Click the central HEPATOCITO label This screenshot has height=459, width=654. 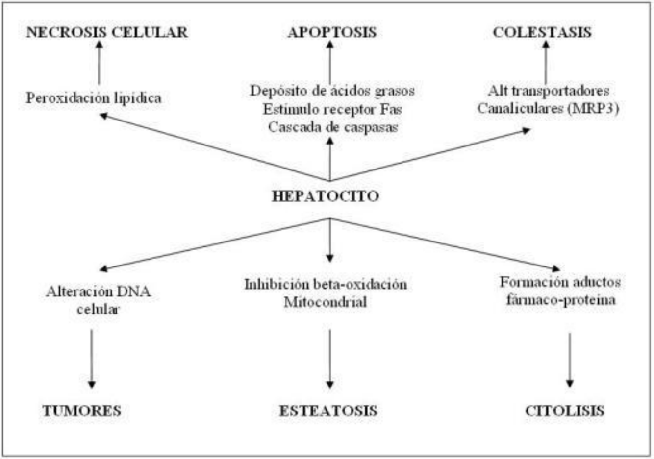coord(326,196)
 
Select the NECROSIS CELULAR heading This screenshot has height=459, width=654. coord(107,32)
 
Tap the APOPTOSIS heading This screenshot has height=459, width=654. coord(332,32)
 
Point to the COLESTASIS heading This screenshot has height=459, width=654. coord(542,32)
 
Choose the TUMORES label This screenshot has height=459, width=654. coord(81,411)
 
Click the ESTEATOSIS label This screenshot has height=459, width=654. coord(328,411)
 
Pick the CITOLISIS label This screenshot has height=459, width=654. coord(565,411)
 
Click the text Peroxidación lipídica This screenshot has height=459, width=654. coord(94,98)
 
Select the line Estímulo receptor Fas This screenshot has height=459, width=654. coord(332,109)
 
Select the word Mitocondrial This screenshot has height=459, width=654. coord(325,302)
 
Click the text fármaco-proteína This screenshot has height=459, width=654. coord(560,299)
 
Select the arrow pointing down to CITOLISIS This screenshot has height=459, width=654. coord(569,360)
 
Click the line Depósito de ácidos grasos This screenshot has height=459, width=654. coord(332,91)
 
